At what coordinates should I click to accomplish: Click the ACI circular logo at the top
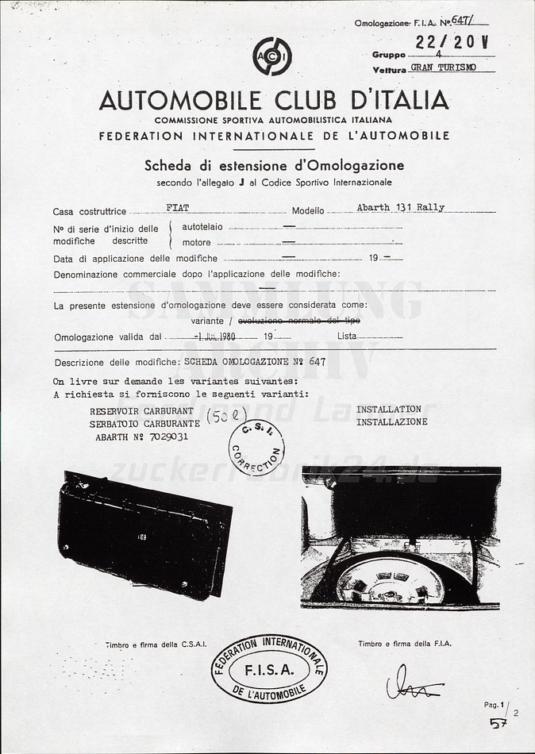[x=272, y=57]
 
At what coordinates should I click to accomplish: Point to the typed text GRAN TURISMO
[x=444, y=68]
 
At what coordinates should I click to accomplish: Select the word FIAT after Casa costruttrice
[x=178, y=208]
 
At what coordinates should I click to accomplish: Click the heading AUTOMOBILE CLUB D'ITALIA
[x=274, y=100]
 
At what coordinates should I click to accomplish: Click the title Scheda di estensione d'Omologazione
[x=274, y=166]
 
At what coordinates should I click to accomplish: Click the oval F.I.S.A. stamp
[x=269, y=668]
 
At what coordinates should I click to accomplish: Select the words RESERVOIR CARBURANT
[x=141, y=411]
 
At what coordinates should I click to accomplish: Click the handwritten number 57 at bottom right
[x=498, y=722]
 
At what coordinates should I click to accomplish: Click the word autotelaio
[x=202, y=228]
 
